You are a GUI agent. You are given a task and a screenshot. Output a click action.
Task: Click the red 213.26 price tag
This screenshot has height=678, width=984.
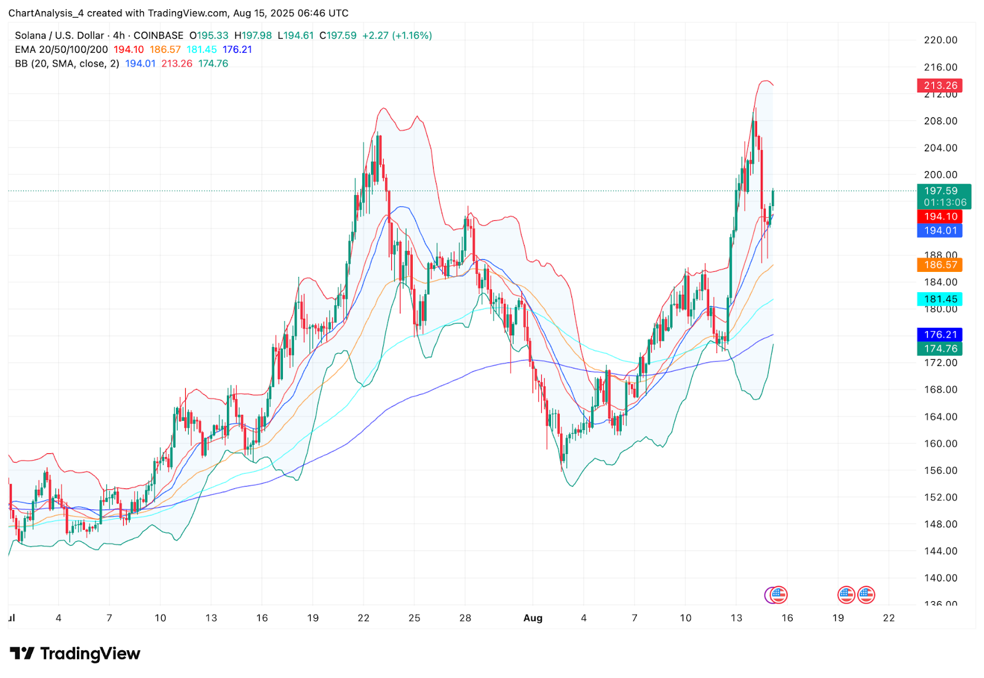[940, 86]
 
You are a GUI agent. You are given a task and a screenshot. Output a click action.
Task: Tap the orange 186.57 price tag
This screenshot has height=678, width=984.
[940, 265]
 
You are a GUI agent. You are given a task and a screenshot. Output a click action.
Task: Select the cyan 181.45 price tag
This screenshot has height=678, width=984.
[940, 300]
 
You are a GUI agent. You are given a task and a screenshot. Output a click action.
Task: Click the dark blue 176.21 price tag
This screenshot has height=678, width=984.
[940, 335]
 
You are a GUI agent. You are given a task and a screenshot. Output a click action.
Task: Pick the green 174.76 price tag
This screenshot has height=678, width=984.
[940, 349]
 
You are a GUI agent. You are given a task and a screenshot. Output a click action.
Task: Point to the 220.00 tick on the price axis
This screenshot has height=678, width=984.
[940, 40]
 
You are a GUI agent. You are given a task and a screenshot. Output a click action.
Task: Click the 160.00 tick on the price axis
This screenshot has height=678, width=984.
[940, 444]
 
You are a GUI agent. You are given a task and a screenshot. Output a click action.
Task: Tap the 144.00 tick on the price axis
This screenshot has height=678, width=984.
[940, 551]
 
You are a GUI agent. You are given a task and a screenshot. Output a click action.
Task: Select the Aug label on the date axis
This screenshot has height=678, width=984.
[533, 618]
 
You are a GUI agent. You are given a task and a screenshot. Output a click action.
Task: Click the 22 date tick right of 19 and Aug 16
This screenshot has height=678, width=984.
[889, 618]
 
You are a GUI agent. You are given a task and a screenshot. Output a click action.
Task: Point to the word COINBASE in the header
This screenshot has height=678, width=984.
[158, 36]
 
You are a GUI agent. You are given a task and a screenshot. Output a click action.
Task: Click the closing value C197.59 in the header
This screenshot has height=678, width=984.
[338, 36]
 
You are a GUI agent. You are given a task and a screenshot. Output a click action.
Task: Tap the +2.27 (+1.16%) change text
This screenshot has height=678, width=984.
[397, 36]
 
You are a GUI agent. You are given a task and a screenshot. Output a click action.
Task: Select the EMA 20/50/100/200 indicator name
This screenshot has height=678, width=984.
[61, 50]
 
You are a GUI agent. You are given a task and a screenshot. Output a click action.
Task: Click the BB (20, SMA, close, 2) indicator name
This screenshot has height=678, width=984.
[67, 64]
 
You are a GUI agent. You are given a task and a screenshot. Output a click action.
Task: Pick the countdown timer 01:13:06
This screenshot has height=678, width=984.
[945, 202]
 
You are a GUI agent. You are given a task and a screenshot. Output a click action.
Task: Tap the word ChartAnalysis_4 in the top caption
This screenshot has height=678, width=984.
[44, 13]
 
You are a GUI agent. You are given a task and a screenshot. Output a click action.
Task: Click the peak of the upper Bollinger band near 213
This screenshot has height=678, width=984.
[765, 81]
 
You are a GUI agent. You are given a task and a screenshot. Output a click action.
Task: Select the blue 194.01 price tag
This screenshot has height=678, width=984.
[940, 231]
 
